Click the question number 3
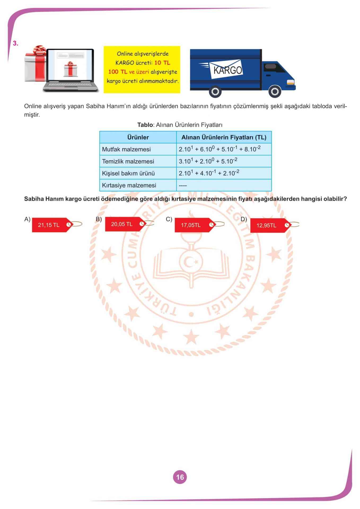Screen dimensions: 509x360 point(15,44)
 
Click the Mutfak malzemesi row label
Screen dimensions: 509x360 point(126,149)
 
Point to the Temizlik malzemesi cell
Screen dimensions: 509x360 point(128,161)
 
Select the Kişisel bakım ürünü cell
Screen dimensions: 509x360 point(128,173)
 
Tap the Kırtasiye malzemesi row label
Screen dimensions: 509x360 point(129,185)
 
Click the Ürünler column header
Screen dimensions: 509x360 point(138,137)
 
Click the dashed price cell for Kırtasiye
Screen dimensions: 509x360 point(183,186)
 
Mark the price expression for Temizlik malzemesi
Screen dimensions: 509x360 point(208,161)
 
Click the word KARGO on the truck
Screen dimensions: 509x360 point(227,70)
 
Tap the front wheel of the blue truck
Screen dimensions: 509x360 point(275,92)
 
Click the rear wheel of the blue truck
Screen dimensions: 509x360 point(215,92)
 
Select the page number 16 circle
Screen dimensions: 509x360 point(180,477)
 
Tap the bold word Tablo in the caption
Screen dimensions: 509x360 point(145,125)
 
